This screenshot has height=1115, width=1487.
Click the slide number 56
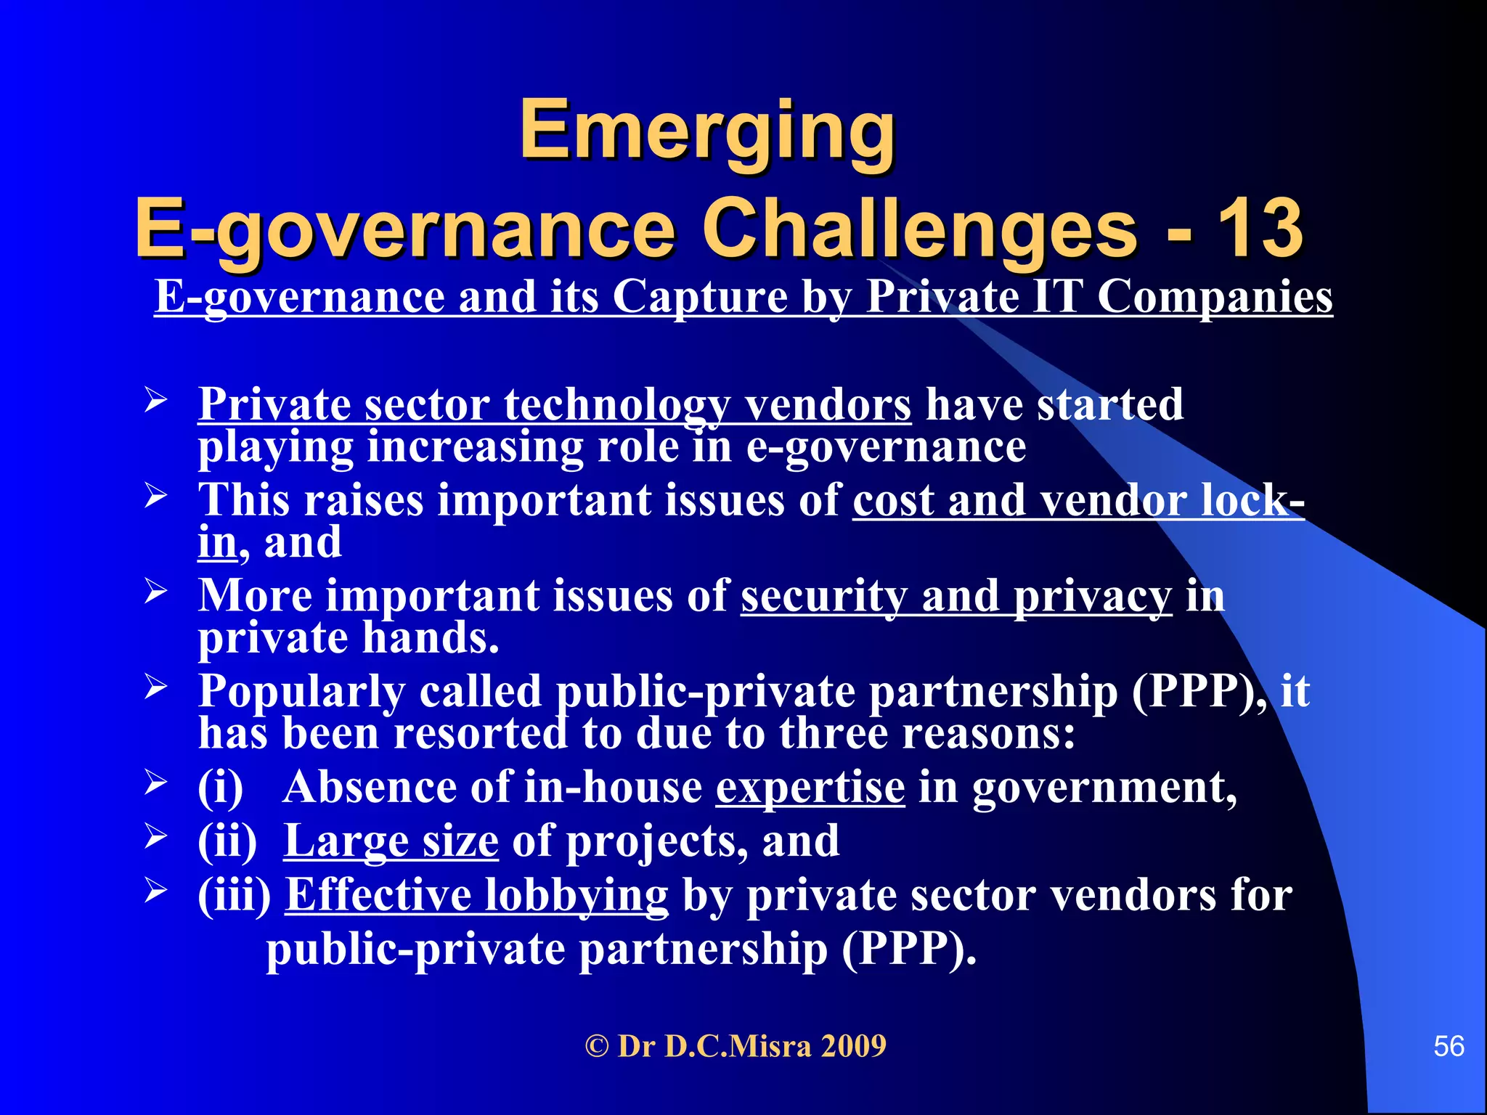(1449, 1046)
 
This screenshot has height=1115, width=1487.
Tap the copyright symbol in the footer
(597, 1046)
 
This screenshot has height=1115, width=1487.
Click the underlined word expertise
(810, 788)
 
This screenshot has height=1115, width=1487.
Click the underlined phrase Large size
(391, 841)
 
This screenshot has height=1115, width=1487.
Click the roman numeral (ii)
(227, 841)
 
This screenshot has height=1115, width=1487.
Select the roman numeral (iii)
(235, 895)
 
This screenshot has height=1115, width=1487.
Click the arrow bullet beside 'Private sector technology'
(155, 401)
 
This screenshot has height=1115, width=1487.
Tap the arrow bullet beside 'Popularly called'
(155, 686)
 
